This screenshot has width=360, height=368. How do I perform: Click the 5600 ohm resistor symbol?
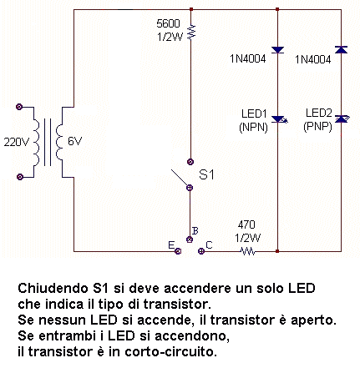pos(191,32)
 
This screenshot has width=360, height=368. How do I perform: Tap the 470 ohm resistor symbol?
pos(248,251)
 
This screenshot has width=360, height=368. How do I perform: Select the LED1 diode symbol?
pos(279,119)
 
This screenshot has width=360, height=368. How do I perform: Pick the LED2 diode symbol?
pos(342,119)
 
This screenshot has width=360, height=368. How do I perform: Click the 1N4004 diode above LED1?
pos(277,50)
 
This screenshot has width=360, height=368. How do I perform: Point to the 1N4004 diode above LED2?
pos(341,49)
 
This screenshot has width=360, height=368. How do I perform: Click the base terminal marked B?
pos(190,239)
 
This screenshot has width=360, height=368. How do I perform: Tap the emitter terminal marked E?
pos(178,251)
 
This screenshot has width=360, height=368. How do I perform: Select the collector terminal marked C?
pos(201,251)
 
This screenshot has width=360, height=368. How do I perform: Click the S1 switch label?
pos(206,174)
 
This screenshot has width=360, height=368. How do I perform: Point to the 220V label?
pos(16,142)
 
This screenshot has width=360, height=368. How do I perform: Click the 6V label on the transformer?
pos(74,142)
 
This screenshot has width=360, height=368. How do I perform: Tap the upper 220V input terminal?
pos(19,107)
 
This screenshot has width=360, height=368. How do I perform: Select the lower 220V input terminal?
pos(20,177)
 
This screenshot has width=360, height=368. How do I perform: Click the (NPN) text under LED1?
pos(253,128)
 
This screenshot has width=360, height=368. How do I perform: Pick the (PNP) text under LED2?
pos(317,127)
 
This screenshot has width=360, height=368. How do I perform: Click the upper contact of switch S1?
pos(190,162)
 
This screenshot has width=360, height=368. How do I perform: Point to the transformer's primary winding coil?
pos(37,142)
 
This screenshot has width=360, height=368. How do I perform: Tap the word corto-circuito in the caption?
pos(170,352)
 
